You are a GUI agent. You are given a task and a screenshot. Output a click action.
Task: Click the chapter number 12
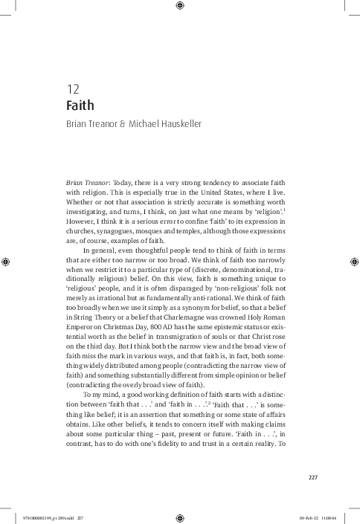[72, 91]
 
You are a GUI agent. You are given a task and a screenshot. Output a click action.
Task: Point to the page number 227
[313, 476]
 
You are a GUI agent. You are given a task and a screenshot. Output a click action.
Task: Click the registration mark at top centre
[180, 7]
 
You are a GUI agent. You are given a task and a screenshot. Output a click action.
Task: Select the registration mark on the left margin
[6, 262]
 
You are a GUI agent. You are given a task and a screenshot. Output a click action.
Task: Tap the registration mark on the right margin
[353, 262]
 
